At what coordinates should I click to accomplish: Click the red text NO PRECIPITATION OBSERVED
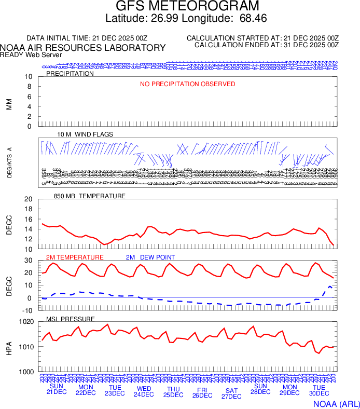click(x=188, y=84)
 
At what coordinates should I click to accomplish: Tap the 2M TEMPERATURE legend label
click(x=75, y=257)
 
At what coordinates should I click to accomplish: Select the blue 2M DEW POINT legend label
click(x=150, y=257)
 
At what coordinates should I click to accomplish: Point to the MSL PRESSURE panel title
click(x=71, y=319)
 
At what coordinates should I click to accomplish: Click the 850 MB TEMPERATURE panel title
click(x=90, y=196)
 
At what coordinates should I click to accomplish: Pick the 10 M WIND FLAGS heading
click(x=85, y=134)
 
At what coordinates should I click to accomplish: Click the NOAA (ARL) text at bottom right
click(x=335, y=403)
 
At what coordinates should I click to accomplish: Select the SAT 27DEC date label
click(x=231, y=393)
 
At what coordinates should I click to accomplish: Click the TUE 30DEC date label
click(x=319, y=391)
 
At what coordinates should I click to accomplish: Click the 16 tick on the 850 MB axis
click(x=29, y=219)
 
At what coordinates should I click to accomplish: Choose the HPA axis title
click(x=9, y=347)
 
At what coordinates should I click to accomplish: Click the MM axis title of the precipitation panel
click(x=9, y=104)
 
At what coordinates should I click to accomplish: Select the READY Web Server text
click(x=31, y=55)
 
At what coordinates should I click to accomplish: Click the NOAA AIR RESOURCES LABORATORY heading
click(x=83, y=48)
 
